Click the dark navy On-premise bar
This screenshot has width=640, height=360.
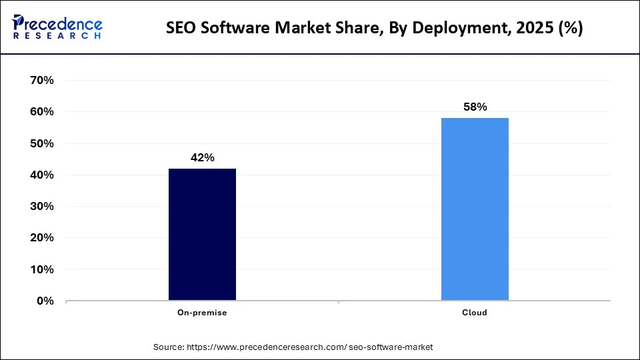(202, 234)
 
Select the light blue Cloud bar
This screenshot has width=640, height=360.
(475, 209)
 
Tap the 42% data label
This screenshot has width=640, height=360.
(202, 158)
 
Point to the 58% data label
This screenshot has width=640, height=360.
(475, 107)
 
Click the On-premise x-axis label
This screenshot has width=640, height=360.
(202, 313)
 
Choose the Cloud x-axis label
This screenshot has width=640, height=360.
(475, 313)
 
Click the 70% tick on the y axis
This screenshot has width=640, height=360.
(41, 81)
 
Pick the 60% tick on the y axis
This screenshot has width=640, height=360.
(41, 112)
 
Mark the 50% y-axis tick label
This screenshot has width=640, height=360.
(41, 143)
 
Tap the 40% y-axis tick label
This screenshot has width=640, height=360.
(41, 175)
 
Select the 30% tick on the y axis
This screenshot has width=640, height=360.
(41, 207)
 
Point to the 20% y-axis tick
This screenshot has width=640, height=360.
(41, 238)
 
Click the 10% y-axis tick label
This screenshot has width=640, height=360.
(41, 269)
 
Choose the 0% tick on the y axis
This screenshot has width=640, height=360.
(45, 301)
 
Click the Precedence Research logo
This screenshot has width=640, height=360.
(57, 27)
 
